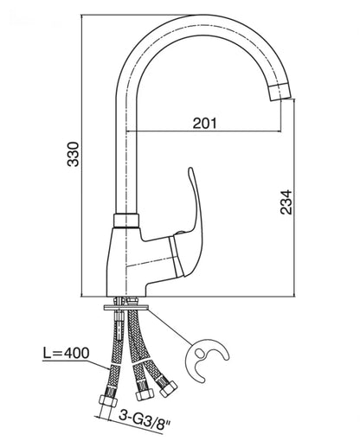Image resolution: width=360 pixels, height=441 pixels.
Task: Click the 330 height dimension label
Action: tap(73, 154)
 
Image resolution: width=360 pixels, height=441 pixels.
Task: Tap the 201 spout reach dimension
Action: tap(204, 124)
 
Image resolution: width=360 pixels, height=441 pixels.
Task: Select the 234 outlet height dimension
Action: tap(286, 201)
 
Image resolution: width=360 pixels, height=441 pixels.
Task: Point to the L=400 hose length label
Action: tap(66, 353)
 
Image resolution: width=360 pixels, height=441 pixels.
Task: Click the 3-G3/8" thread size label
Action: tap(145, 420)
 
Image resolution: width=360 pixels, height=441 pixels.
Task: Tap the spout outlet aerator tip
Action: tap(280, 92)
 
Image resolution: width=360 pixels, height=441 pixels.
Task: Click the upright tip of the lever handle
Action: tap(190, 169)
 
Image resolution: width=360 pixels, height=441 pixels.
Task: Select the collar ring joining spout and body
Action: tap(126, 221)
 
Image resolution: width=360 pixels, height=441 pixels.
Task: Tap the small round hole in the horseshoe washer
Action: tap(199, 352)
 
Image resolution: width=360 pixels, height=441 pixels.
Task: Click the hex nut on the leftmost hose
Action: tap(108, 401)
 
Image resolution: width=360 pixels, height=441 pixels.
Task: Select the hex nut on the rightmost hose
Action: tap(168, 388)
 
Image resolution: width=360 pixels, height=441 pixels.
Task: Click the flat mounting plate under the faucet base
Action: tap(126, 308)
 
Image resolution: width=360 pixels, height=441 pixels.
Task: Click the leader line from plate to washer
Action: tap(170, 327)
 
